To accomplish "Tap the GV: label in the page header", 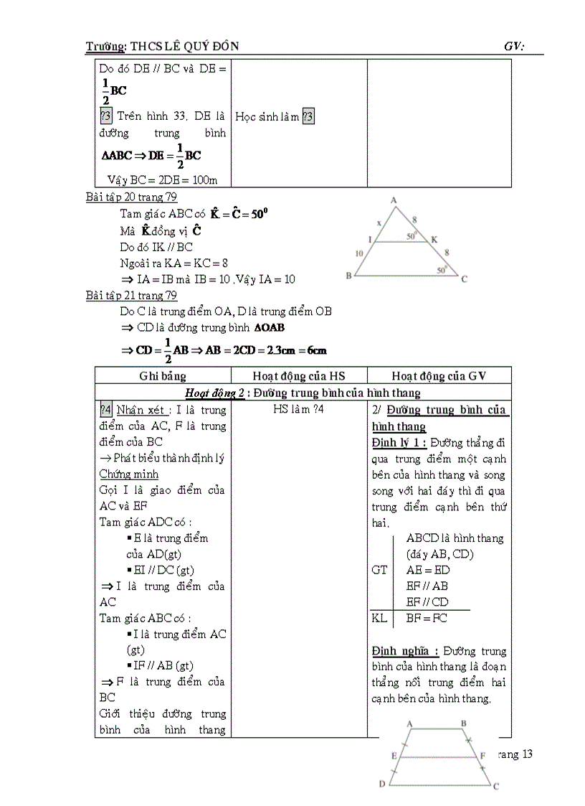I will click(514, 47).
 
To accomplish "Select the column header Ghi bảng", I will click(163, 375).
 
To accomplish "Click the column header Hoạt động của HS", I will click(299, 375).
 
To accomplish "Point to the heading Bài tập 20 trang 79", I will click(131, 197).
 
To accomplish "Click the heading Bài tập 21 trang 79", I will click(131, 295).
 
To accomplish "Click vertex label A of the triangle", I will click(394, 200).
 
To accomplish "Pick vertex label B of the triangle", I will click(348, 276).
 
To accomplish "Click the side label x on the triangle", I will click(379, 223).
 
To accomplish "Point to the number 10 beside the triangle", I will click(360, 253).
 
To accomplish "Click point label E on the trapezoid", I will click(394, 755).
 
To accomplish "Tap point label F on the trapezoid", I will click(483, 755).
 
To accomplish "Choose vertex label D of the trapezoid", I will click(382, 784).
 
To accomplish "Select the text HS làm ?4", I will click(299, 410).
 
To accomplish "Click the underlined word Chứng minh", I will click(128, 474).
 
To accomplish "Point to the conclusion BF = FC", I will click(427, 617).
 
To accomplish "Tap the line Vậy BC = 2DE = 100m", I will click(162, 179).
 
